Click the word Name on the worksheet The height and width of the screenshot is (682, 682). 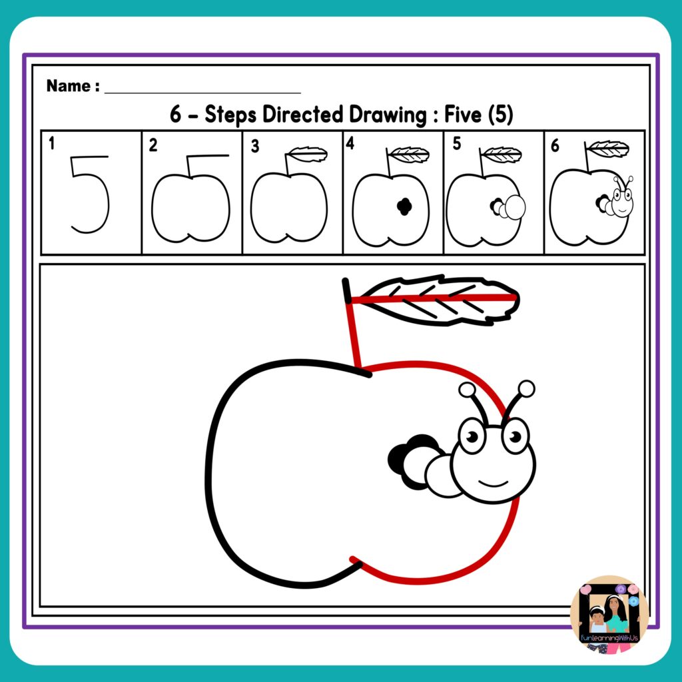tap(69, 86)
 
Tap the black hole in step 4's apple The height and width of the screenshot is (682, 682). tap(402, 207)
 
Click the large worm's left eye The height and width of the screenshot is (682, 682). tap(472, 436)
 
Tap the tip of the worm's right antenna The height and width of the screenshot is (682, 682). tap(526, 388)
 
